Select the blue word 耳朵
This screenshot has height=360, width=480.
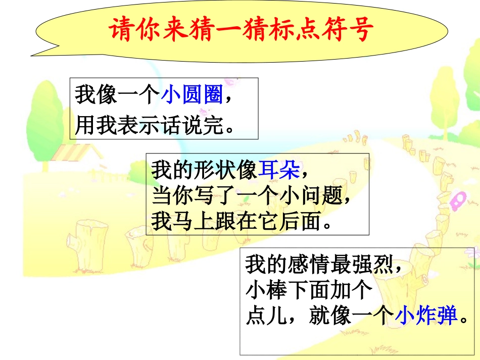tap(279, 170)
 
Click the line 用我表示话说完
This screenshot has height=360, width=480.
tap(150, 126)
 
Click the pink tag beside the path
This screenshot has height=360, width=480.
tap(457, 201)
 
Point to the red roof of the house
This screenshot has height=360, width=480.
tap(76, 151)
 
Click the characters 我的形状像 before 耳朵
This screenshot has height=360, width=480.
tap(204, 170)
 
